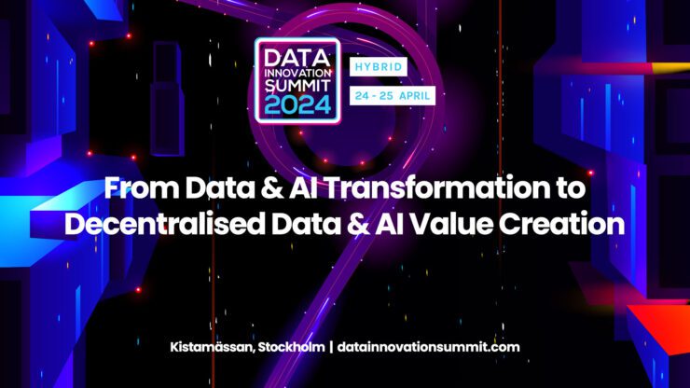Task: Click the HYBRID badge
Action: (x=378, y=67)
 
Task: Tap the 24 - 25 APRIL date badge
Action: (x=393, y=95)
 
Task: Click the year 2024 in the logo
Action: (x=297, y=104)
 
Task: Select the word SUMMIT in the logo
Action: (x=297, y=85)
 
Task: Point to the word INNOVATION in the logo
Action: (x=297, y=73)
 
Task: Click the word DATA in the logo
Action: (x=297, y=58)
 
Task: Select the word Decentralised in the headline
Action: (x=165, y=224)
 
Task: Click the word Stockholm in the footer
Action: (x=291, y=347)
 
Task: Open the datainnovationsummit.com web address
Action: (x=428, y=347)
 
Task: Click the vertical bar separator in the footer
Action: (x=331, y=347)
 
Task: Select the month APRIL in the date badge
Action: (x=414, y=96)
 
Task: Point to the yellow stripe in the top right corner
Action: (x=670, y=68)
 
